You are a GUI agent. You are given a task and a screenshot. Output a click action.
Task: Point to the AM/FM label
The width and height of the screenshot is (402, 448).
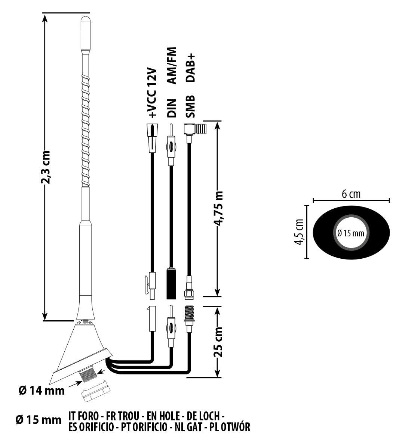(171, 66)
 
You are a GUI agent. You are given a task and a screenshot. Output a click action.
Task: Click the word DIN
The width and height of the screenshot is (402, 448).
(171, 108)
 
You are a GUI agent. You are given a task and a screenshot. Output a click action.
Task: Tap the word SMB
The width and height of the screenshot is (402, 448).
(191, 107)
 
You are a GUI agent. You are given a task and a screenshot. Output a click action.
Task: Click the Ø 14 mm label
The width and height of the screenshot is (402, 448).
(42, 391)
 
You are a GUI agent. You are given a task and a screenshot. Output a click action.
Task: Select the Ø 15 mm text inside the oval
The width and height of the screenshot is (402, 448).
(350, 233)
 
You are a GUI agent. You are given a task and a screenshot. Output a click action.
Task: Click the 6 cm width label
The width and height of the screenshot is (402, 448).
(351, 194)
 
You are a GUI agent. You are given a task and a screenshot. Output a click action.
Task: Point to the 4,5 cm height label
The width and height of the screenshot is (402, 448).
(298, 231)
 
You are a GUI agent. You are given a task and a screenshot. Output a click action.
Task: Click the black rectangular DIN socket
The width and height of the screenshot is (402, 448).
(171, 283)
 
